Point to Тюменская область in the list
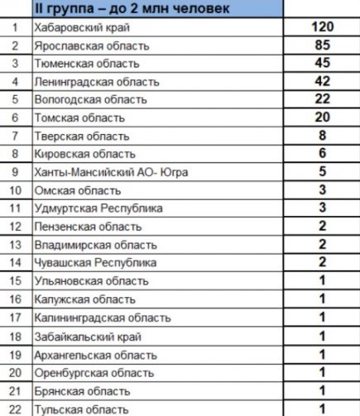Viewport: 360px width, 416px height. click(x=79, y=64)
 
